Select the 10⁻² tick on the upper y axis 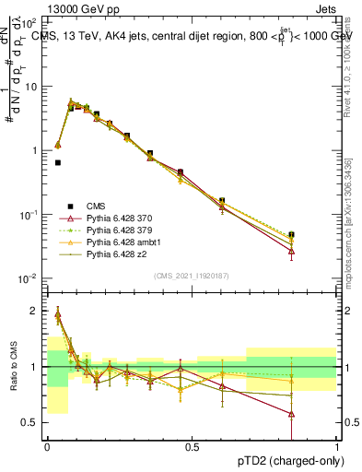[29, 278]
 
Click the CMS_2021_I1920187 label [192, 275]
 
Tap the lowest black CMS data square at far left [57, 162]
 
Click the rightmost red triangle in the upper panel [291, 251]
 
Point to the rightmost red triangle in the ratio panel [291, 414]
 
